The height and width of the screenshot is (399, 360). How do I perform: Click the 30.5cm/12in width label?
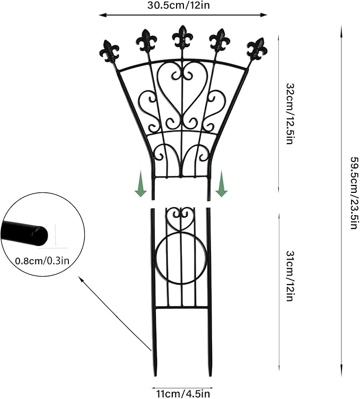(179, 5)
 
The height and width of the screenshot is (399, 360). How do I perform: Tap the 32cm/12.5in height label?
(289, 113)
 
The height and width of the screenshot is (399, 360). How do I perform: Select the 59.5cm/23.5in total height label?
(355, 193)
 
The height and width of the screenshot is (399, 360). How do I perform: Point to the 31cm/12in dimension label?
(289, 276)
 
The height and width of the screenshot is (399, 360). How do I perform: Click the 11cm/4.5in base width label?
(183, 394)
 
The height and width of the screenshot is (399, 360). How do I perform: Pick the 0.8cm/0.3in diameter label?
(42, 261)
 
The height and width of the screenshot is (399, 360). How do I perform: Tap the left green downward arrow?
(141, 184)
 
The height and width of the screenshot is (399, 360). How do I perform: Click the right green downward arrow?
(222, 184)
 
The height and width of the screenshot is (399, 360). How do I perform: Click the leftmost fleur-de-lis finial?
(109, 51)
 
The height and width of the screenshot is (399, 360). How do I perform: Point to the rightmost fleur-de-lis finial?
(257, 49)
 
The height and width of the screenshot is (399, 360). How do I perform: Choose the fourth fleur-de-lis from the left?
(219, 40)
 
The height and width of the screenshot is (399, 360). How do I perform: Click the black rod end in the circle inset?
(25, 232)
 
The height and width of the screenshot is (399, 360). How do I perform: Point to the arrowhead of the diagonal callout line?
(80, 278)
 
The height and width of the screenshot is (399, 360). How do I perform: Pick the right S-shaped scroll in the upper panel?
(216, 110)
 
